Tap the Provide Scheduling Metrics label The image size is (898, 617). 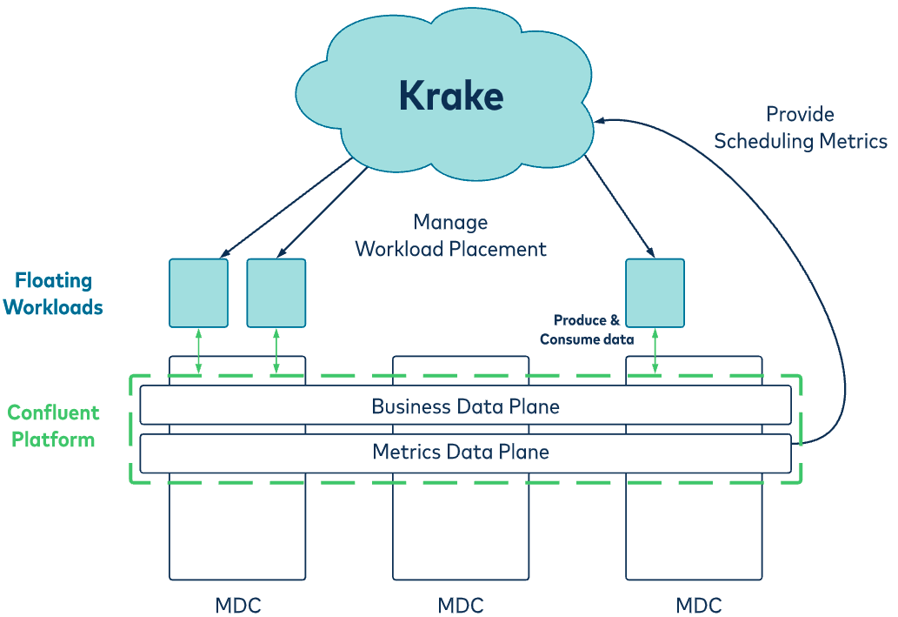tap(800, 128)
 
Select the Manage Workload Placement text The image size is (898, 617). tap(450, 236)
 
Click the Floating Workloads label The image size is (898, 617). tap(53, 294)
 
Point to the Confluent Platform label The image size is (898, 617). tap(53, 426)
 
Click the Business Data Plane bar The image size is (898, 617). tap(465, 406)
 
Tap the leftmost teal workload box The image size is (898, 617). tap(198, 292)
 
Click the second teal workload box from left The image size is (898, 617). tap(276, 292)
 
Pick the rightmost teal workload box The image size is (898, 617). tap(655, 292)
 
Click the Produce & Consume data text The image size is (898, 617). tap(587, 330)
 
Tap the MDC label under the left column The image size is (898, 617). tap(237, 605)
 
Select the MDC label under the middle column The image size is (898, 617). tap(461, 605)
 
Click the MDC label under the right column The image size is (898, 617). tap(699, 605)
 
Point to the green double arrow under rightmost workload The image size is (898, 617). tap(655, 352)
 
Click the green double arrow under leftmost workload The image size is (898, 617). tap(198, 352)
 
